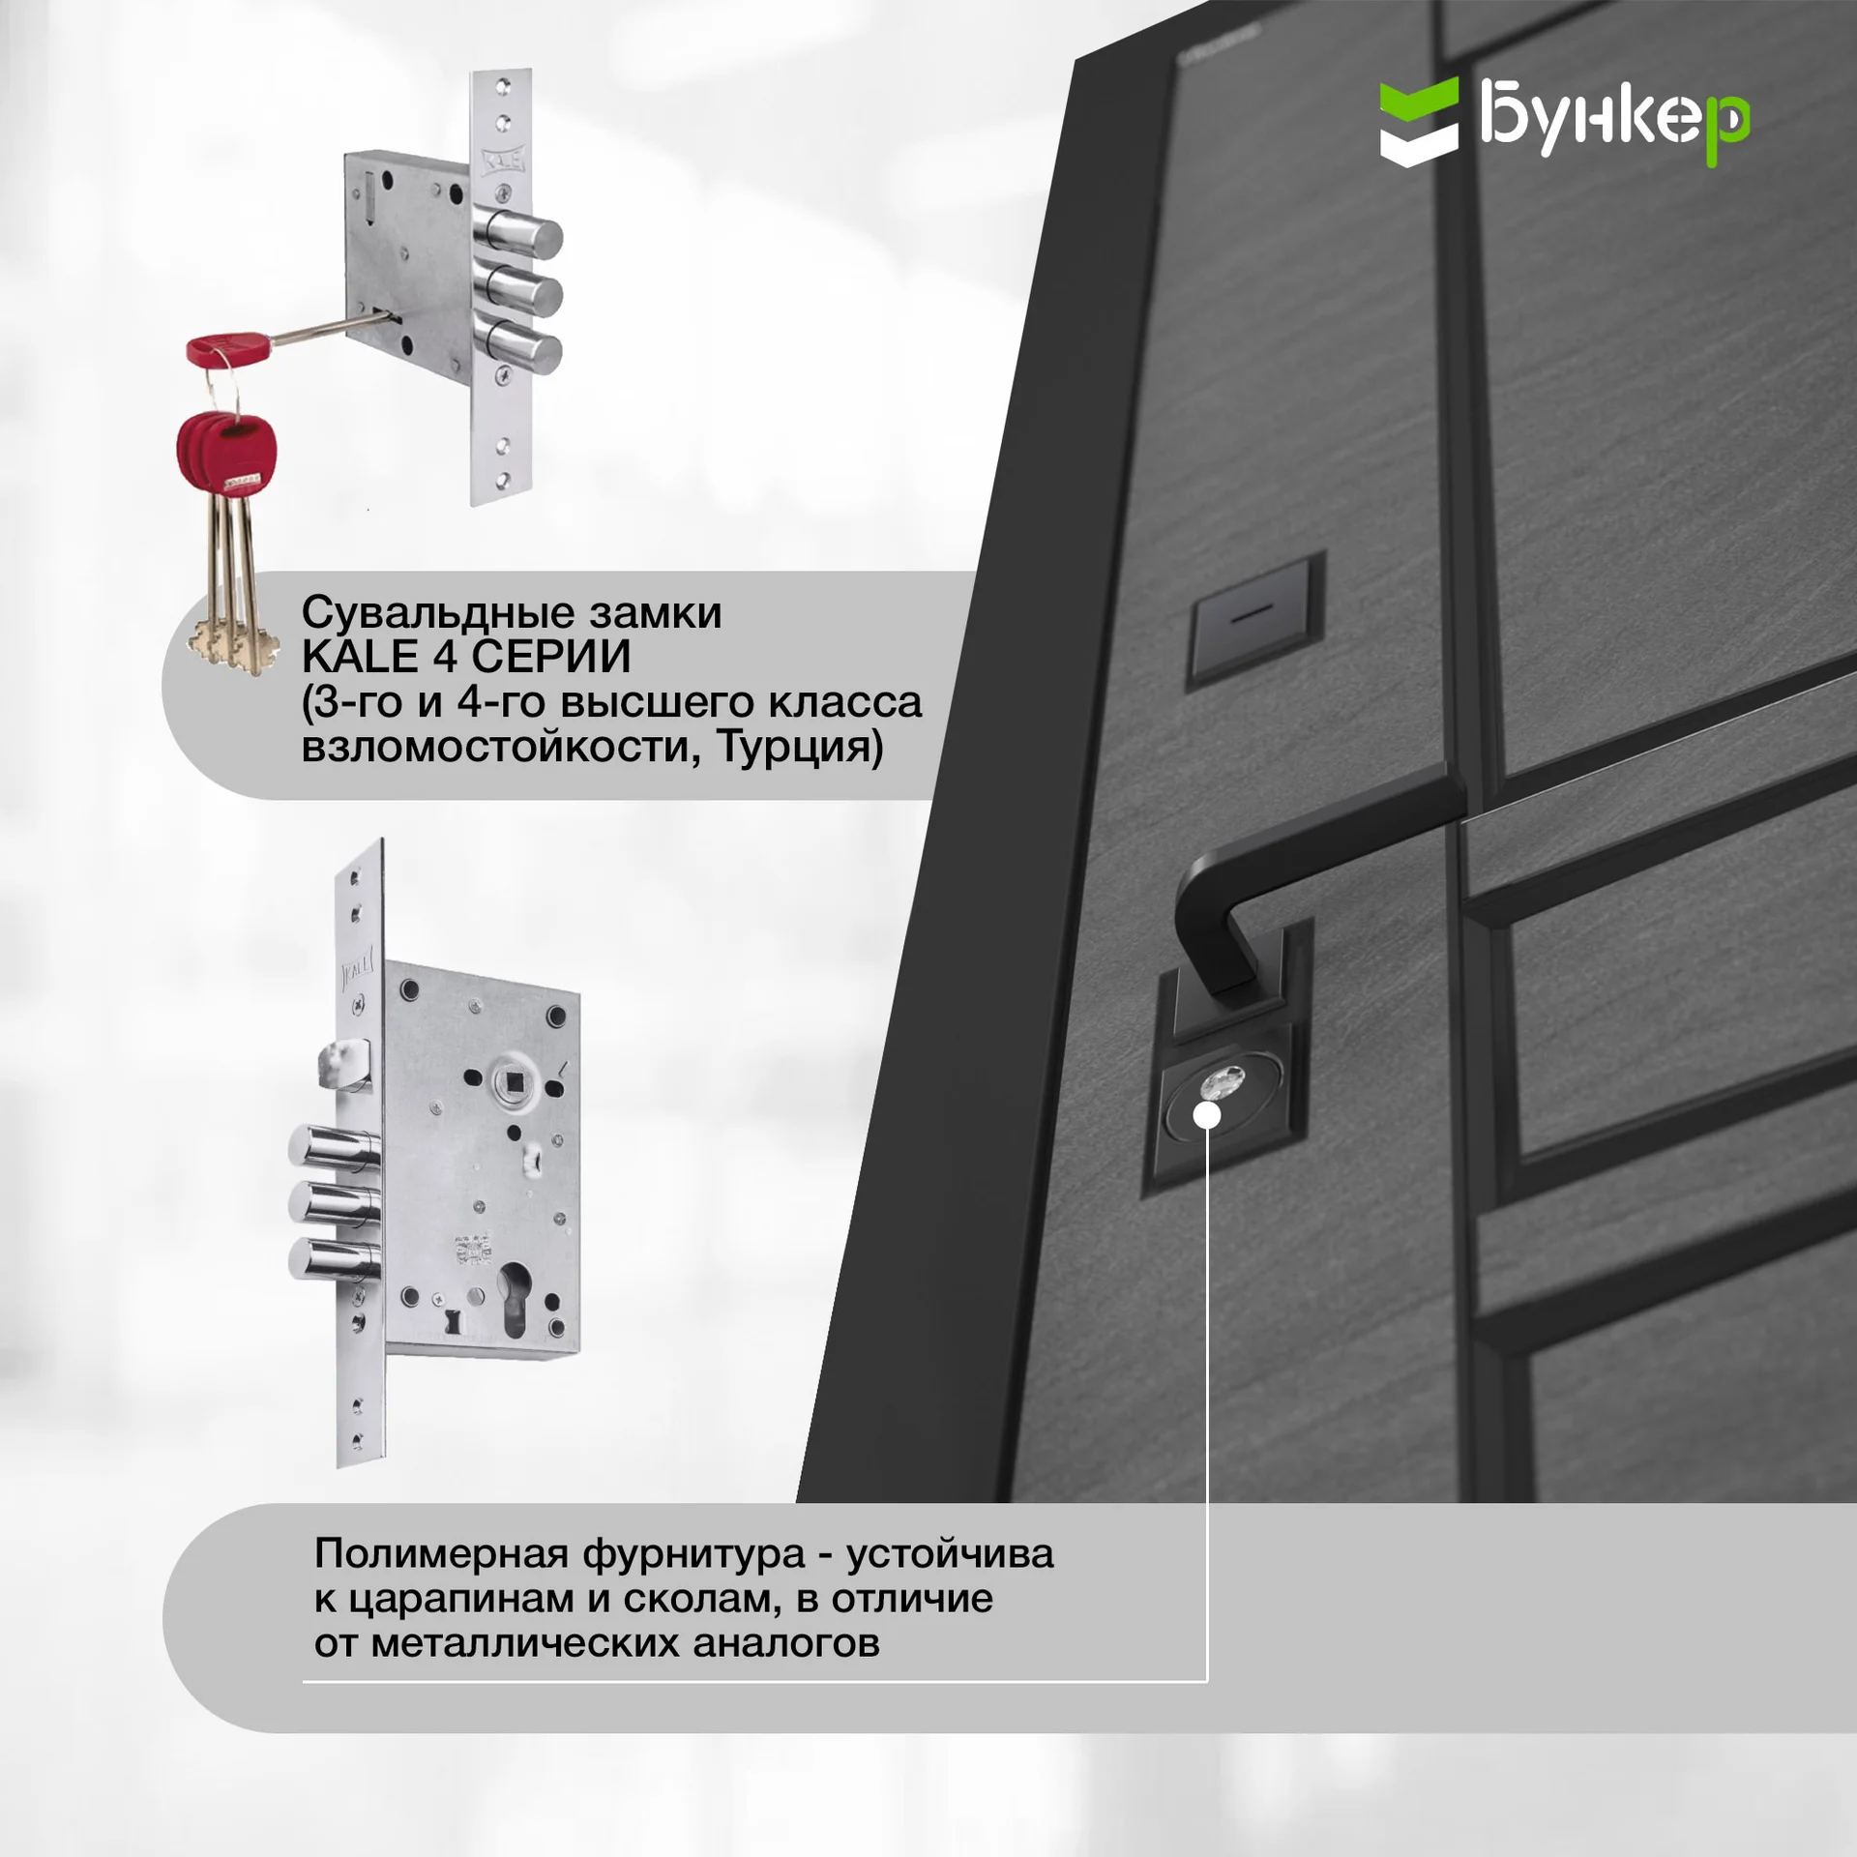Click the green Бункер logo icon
[1419, 122]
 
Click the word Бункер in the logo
[1614, 123]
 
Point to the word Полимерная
[441, 1554]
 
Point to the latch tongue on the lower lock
[340, 1065]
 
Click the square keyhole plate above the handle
[1254, 619]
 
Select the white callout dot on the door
[1208, 1115]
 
